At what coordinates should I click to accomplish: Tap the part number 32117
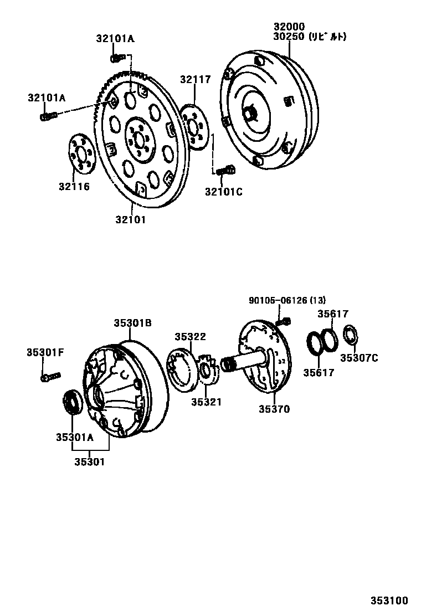195,79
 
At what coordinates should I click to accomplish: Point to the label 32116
74,187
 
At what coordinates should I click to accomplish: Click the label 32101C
223,192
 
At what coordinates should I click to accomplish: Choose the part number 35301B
133,323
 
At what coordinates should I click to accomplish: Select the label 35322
190,336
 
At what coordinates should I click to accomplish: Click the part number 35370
274,409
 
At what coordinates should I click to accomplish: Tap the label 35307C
358,358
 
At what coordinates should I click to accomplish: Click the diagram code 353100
389,600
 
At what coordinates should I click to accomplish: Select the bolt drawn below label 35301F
50,377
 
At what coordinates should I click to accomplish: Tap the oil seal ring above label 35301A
71,401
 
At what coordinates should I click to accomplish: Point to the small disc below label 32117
194,126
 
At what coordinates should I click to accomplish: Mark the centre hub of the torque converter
250,114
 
